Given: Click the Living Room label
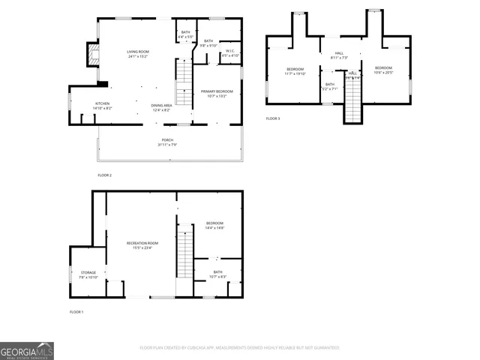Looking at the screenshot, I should [x=138, y=53].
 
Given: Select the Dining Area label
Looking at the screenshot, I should [x=161, y=107].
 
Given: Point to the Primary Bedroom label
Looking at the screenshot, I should [x=217, y=94].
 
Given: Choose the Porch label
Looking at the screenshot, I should [x=167, y=142].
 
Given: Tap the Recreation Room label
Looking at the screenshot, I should [x=142, y=245].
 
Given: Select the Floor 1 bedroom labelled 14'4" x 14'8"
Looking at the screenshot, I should [x=216, y=225].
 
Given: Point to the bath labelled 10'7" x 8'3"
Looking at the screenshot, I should [x=217, y=274].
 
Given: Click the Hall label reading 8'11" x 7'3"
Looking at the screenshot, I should [x=339, y=55].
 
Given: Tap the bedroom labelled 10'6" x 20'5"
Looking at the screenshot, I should [x=383, y=70].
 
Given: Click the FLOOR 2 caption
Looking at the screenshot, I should [x=104, y=175].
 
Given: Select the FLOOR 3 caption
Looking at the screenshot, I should [x=273, y=118].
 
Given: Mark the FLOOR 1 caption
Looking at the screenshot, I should [x=76, y=311].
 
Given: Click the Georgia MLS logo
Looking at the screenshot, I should [x=27, y=351].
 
